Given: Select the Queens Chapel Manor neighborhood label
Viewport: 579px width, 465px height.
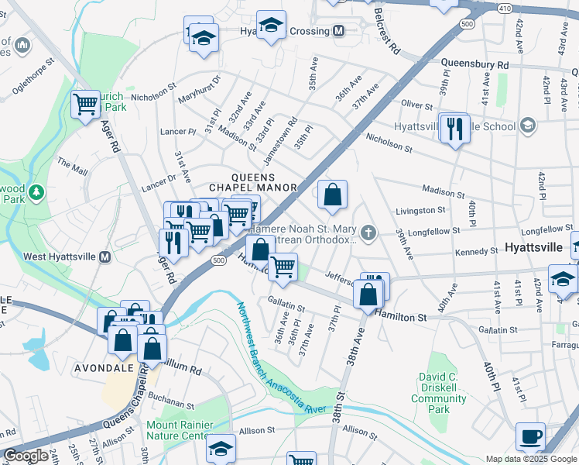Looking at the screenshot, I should [x=253, y=182].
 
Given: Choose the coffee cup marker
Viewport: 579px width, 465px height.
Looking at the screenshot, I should [x=530, y=436].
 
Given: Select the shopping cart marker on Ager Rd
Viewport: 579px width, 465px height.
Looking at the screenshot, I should [x=85, y=104].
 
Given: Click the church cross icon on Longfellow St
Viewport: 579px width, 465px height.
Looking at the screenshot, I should [x=369, y=232].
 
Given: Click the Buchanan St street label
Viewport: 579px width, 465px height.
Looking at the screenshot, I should [x=172, y=404].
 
